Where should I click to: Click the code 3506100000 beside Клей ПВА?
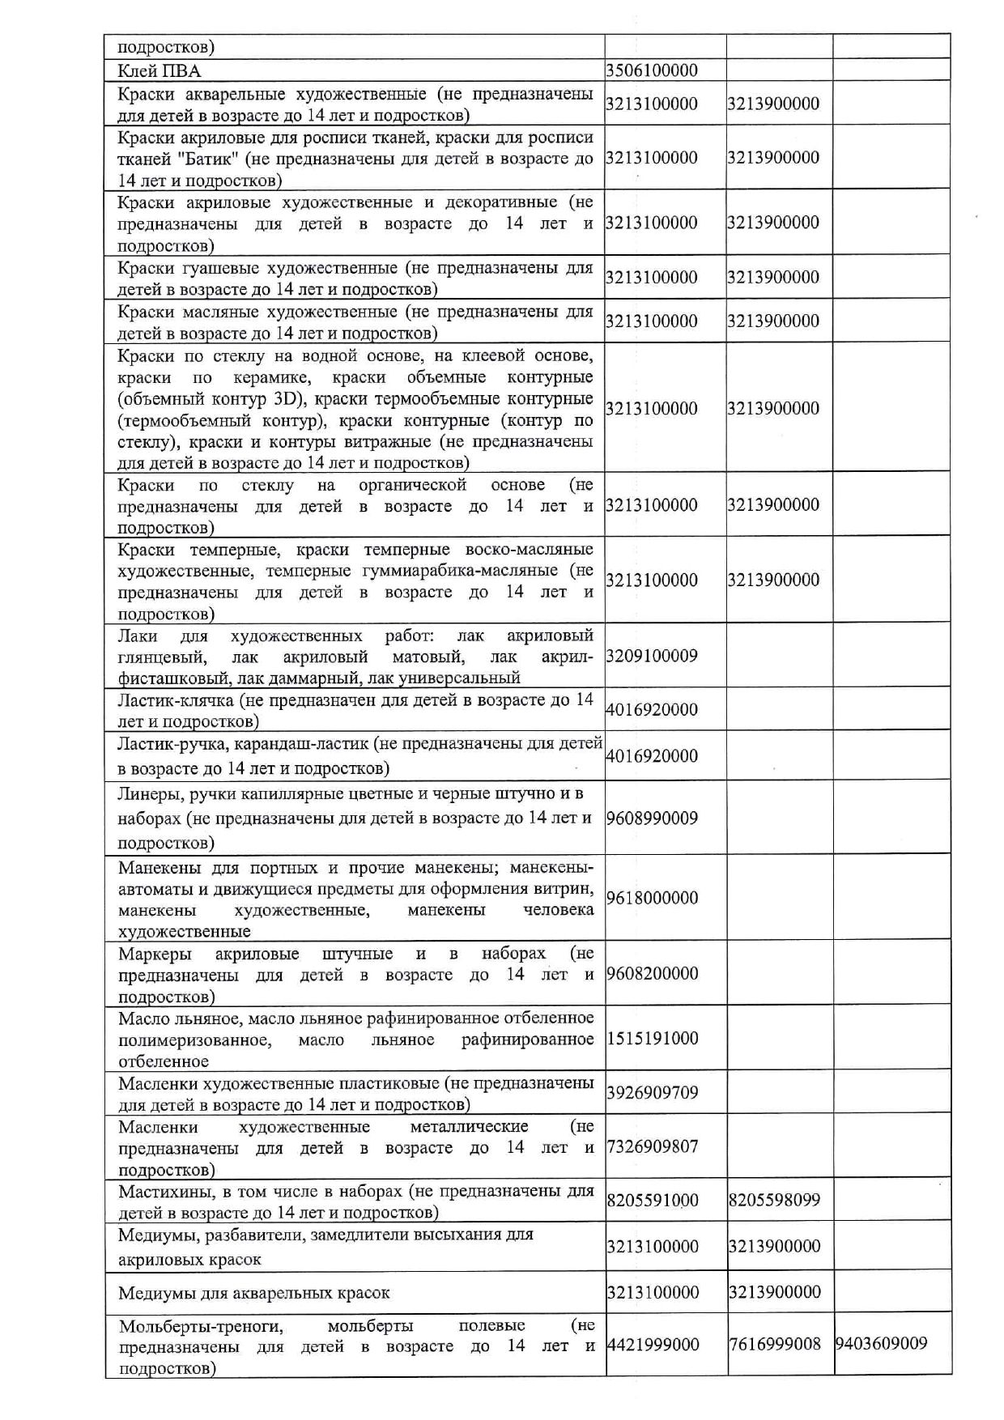652,70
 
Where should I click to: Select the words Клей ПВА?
159,70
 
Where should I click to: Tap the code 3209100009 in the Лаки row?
652,656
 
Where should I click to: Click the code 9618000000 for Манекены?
652,898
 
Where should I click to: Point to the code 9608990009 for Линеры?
652,818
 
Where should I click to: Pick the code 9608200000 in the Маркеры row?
652,974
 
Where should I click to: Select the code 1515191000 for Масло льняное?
652,1039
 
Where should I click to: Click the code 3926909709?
652,1093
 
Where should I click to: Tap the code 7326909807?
652,1147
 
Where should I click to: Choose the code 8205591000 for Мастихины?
652,1201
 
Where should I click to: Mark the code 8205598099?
774,1201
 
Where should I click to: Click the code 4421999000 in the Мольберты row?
652,1345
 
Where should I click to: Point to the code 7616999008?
774,1345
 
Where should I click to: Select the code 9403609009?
881,1345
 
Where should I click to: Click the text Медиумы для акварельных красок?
253,1293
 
